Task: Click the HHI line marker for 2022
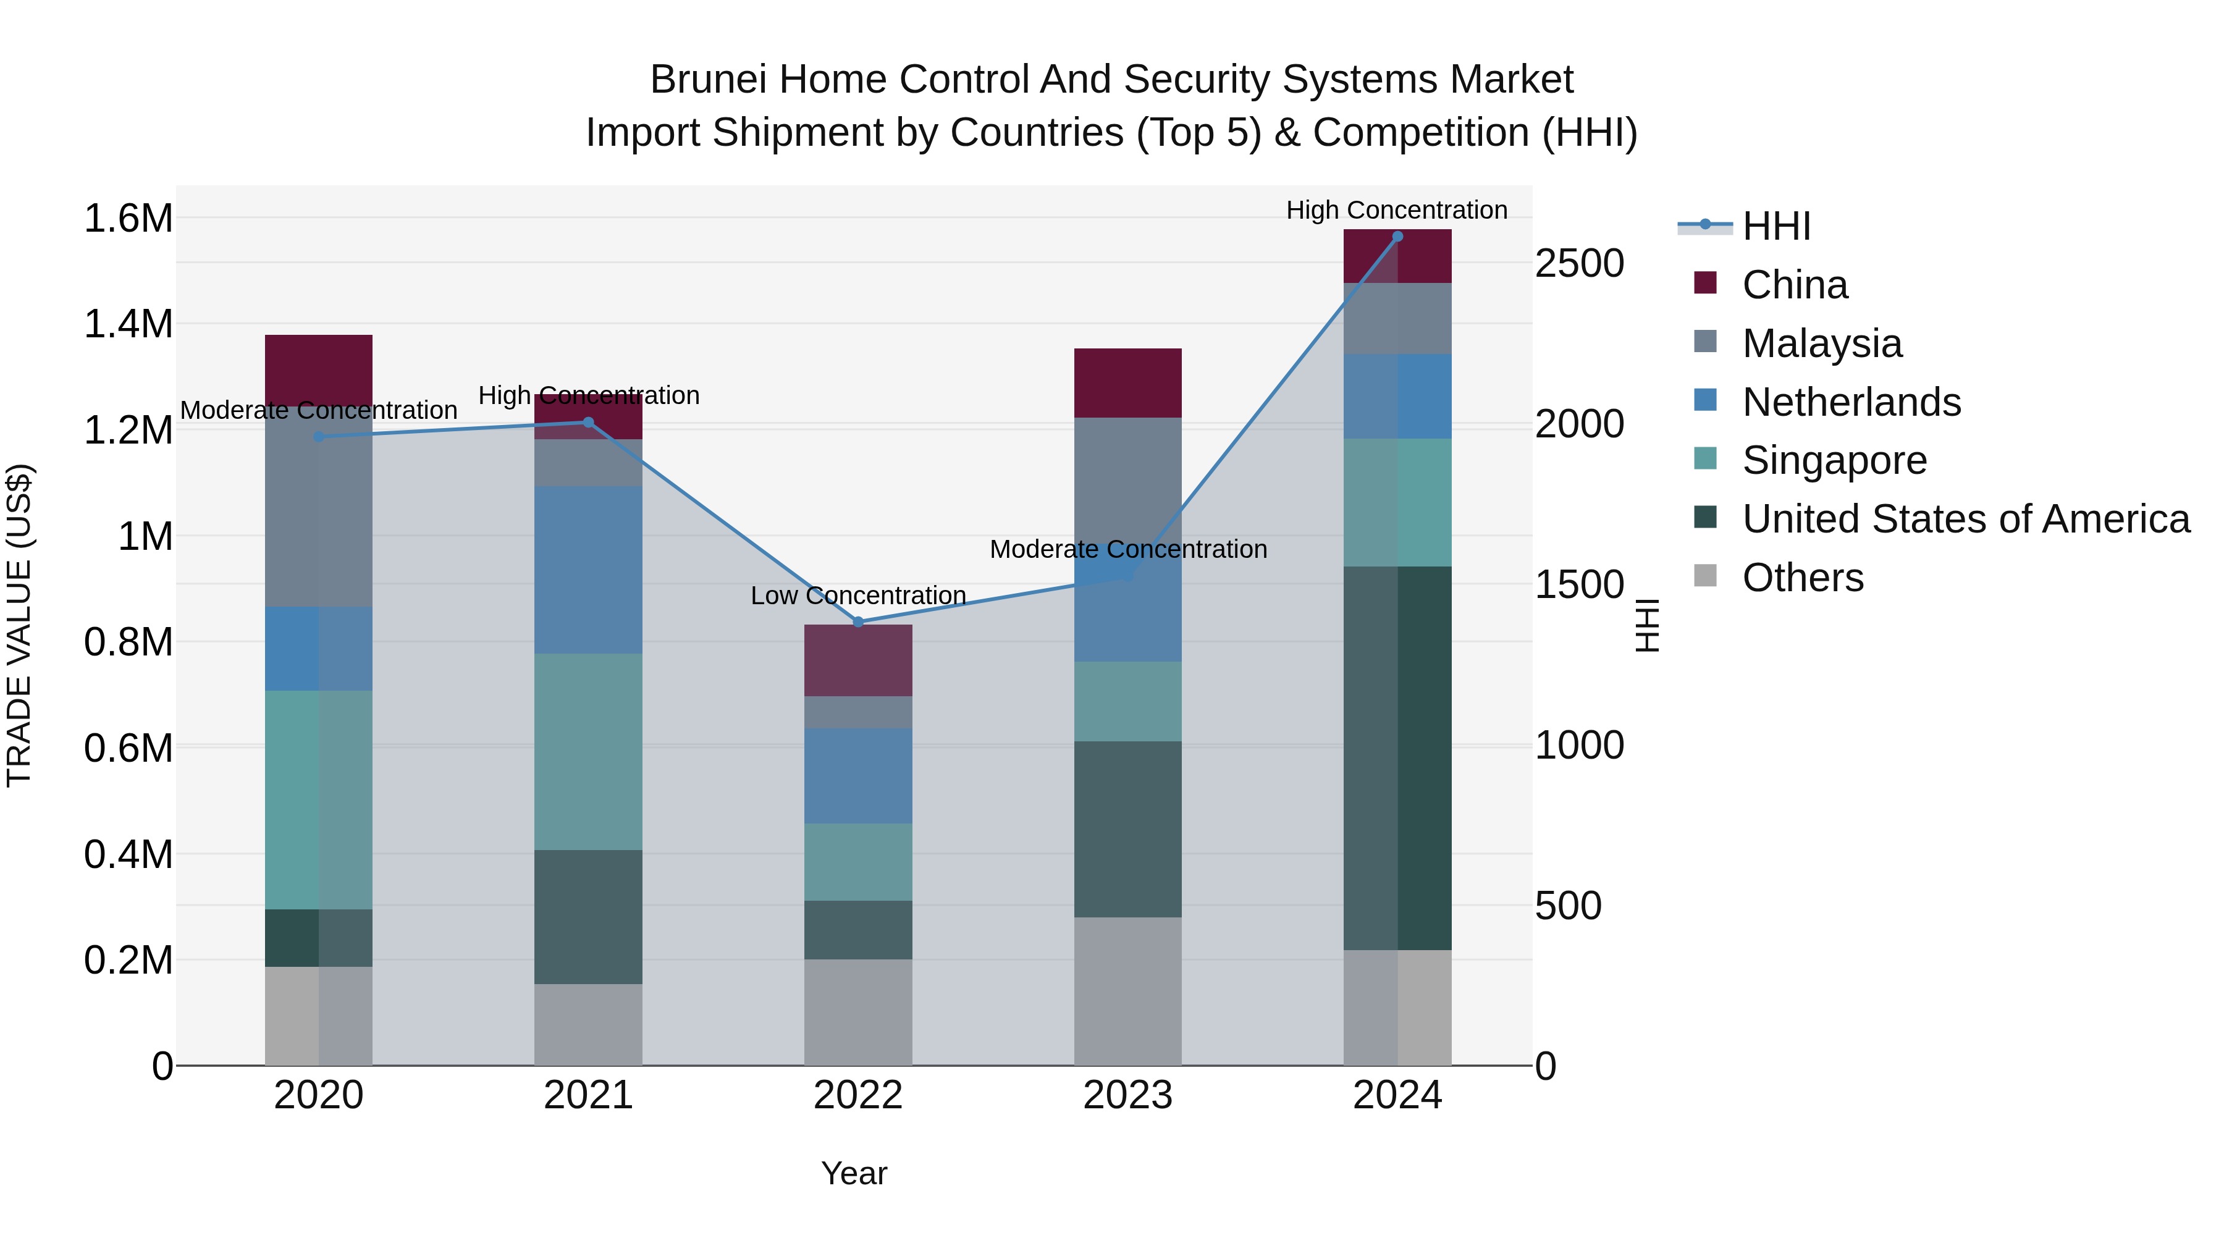857,621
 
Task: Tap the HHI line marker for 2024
1398,237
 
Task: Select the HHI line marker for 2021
588,422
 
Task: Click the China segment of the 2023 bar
1127,382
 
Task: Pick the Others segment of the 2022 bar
857,1012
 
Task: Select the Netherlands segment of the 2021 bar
588,569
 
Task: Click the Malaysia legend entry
1822,343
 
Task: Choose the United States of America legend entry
1965,519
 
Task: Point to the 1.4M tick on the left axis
128,324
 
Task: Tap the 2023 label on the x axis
1127,1095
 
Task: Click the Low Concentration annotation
857,596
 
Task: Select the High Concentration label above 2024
1396,210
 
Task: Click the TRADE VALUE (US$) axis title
19,625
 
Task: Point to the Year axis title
854,1173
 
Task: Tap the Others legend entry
1802,578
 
